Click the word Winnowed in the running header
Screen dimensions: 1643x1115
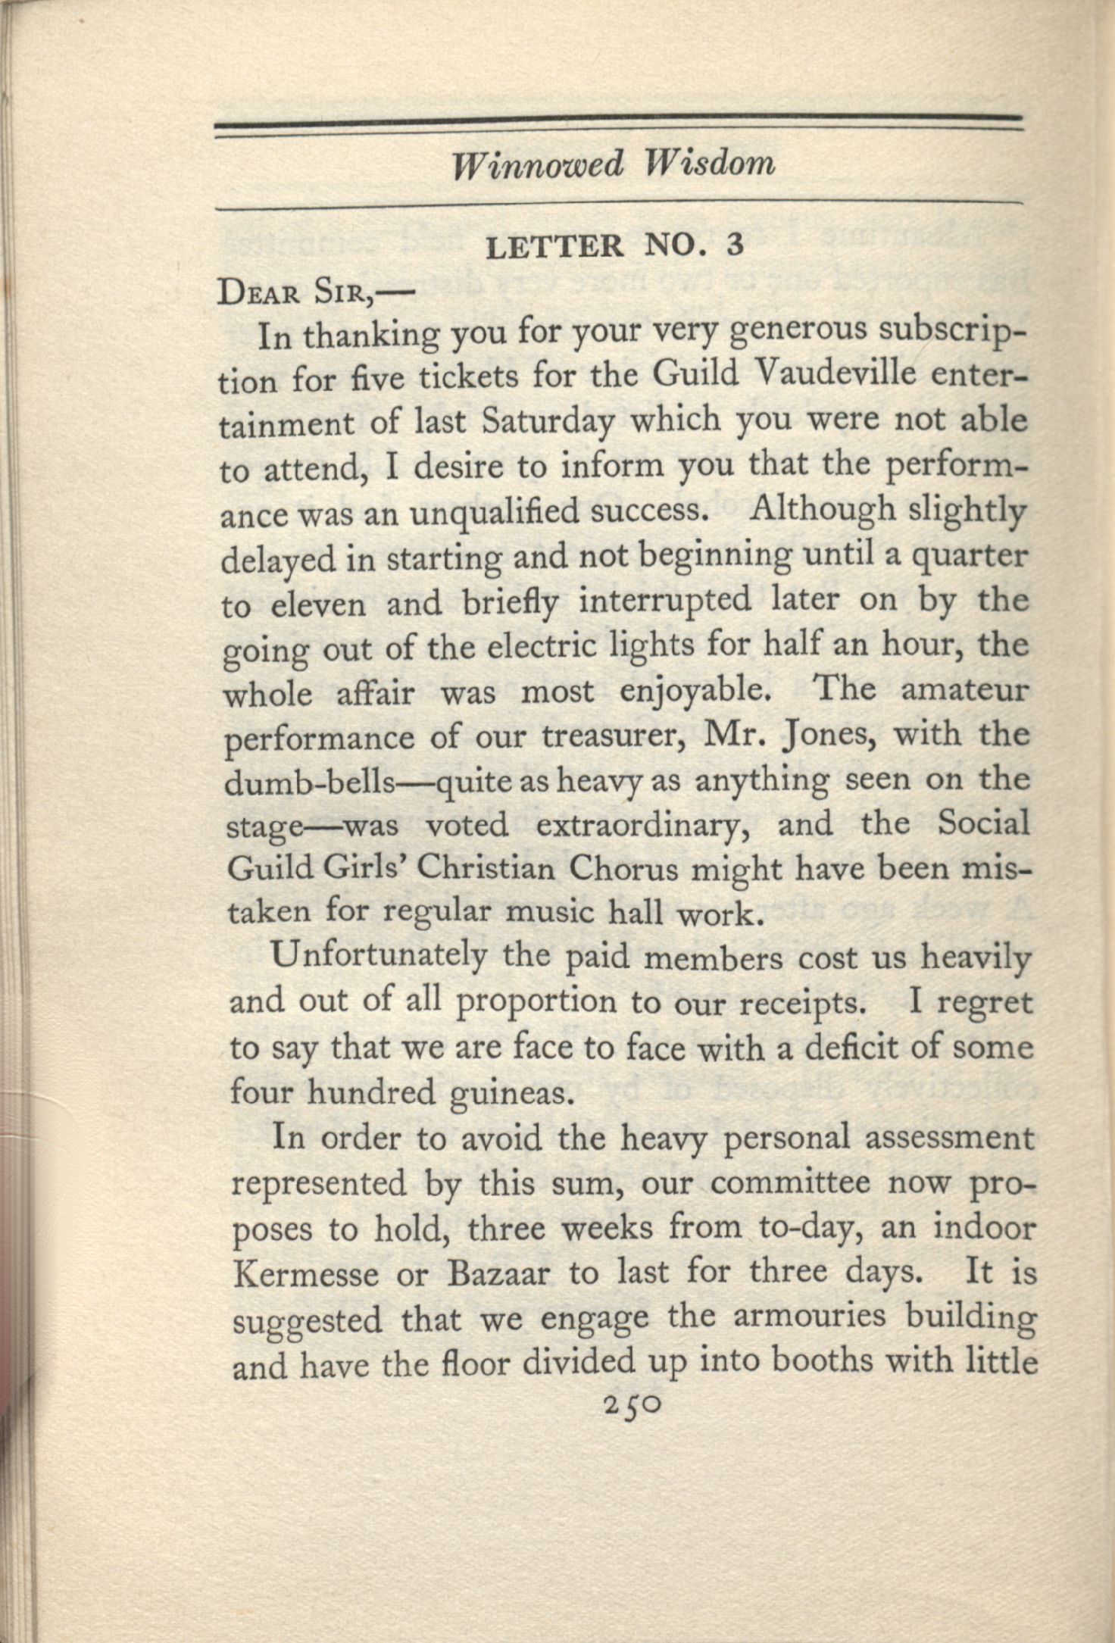point(538,164)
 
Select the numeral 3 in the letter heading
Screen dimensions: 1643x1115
point(733,246)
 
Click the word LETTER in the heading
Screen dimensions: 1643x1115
point(555,246)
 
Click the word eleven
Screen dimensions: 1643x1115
point(316,605)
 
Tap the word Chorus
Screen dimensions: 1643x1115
point(623,869)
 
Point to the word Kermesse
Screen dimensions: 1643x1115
point(305,1274)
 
